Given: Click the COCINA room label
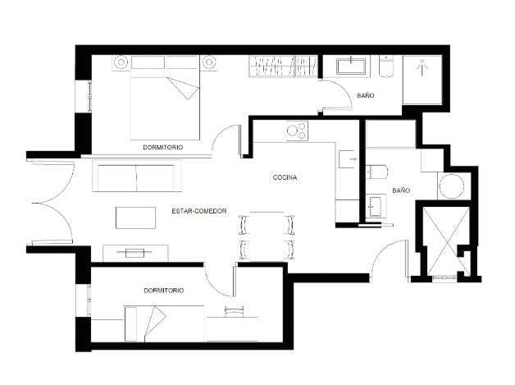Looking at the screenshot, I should [x=285, y=177].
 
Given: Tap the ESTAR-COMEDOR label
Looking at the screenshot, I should [x=198, y=211].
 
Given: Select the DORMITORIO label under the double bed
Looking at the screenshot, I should [x=162, y=147].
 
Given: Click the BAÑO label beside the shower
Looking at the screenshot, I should [x=366, y=96].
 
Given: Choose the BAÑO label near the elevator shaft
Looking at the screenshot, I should [x=401, y=190].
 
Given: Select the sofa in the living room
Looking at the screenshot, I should [x=135, y=177].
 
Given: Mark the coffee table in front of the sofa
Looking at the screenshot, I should [x=136, y=218].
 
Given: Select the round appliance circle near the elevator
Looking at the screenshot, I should [x=452, y=186].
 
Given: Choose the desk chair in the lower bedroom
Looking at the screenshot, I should [x=235, y=309].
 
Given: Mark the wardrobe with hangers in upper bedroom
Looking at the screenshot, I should [x=282, y=66].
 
